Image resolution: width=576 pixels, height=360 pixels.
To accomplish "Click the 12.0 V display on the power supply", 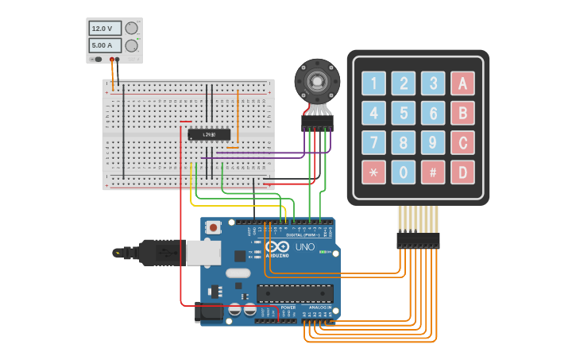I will click(105, 29).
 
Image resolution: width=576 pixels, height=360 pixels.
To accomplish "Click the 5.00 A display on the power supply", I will click(105, 45).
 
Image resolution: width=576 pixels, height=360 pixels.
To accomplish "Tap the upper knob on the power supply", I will click(132, 29).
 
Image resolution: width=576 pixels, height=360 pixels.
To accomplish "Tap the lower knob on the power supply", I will click(132, 45).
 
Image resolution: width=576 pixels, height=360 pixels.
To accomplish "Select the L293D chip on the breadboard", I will click(210, 134).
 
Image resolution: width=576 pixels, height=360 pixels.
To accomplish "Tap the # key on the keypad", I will click(433, 172).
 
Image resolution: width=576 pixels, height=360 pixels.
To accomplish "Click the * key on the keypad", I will click(373, 172).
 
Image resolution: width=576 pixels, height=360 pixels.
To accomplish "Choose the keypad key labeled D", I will click(462, 172).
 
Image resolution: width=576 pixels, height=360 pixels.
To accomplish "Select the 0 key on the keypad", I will click(404, 172).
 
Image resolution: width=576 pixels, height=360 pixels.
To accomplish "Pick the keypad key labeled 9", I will click(433, 142).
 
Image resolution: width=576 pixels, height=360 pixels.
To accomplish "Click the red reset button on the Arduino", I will click(214, 228).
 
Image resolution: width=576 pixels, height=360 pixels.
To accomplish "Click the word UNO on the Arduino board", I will click(305, 247).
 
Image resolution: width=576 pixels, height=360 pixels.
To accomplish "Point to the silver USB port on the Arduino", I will click(203, 253).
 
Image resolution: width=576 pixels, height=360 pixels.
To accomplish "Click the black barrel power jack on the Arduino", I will click(210, 312).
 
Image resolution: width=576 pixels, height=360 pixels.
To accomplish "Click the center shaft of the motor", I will click(318, 80).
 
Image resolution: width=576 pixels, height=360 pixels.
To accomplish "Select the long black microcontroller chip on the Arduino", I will click(295, 293).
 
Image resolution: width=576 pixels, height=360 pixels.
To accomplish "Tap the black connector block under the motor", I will click(317, 123).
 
